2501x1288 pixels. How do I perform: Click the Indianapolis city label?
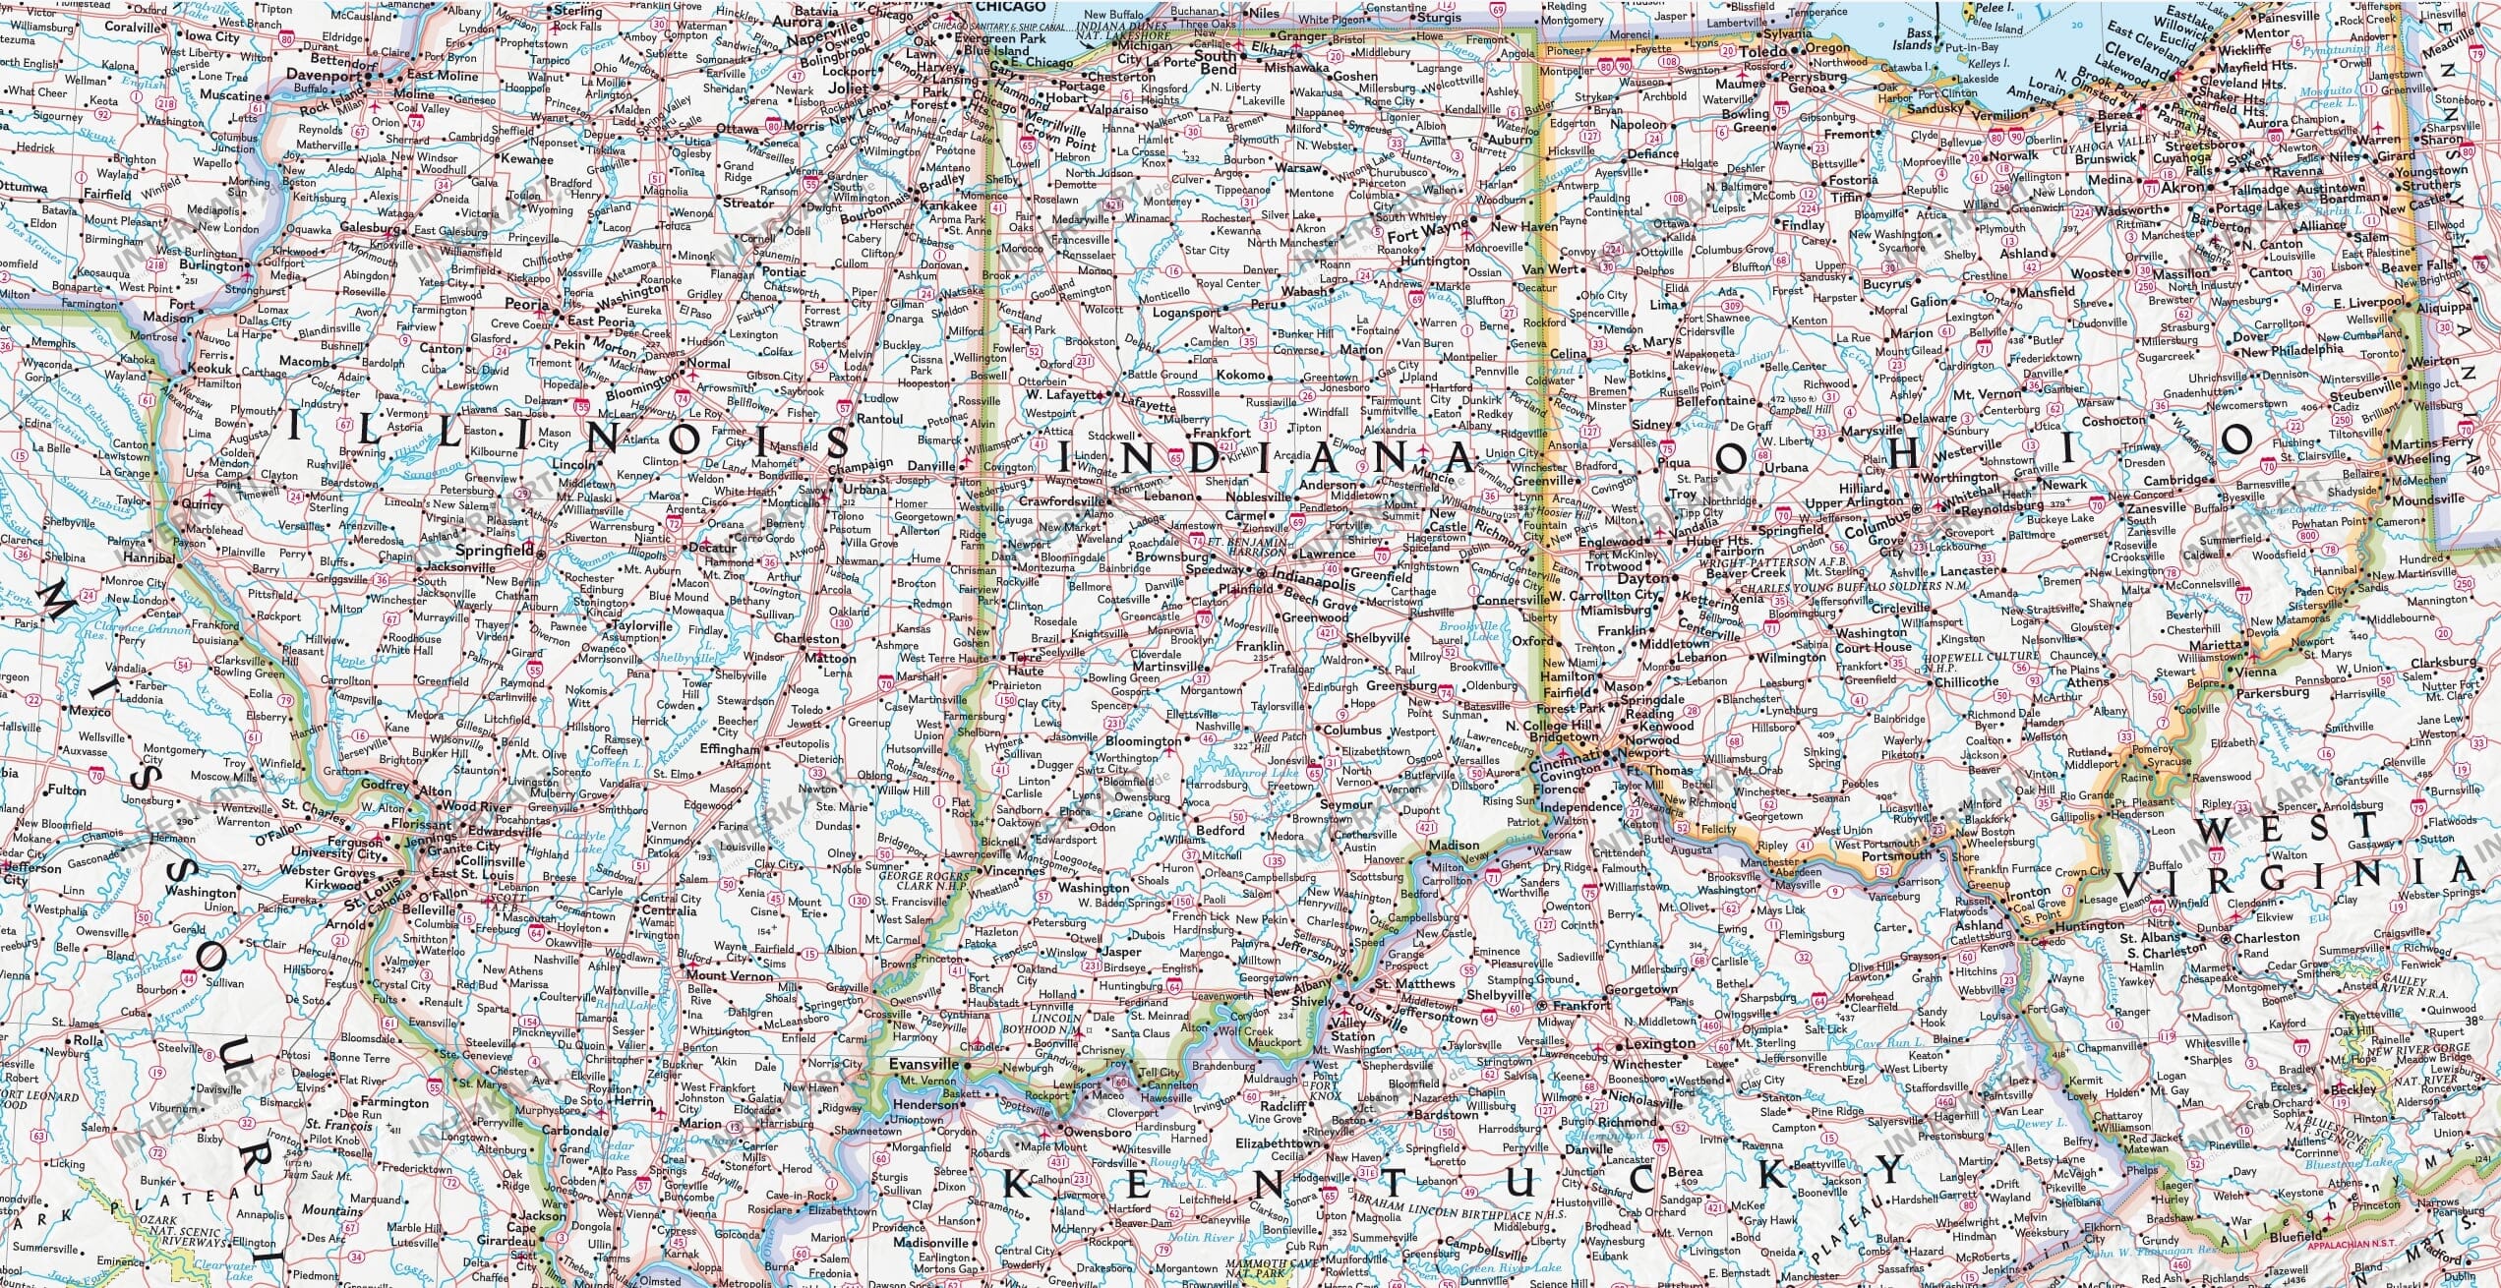[1313, 582]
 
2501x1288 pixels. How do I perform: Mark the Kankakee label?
[950, 206]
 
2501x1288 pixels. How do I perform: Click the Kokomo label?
[1241, 375]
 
